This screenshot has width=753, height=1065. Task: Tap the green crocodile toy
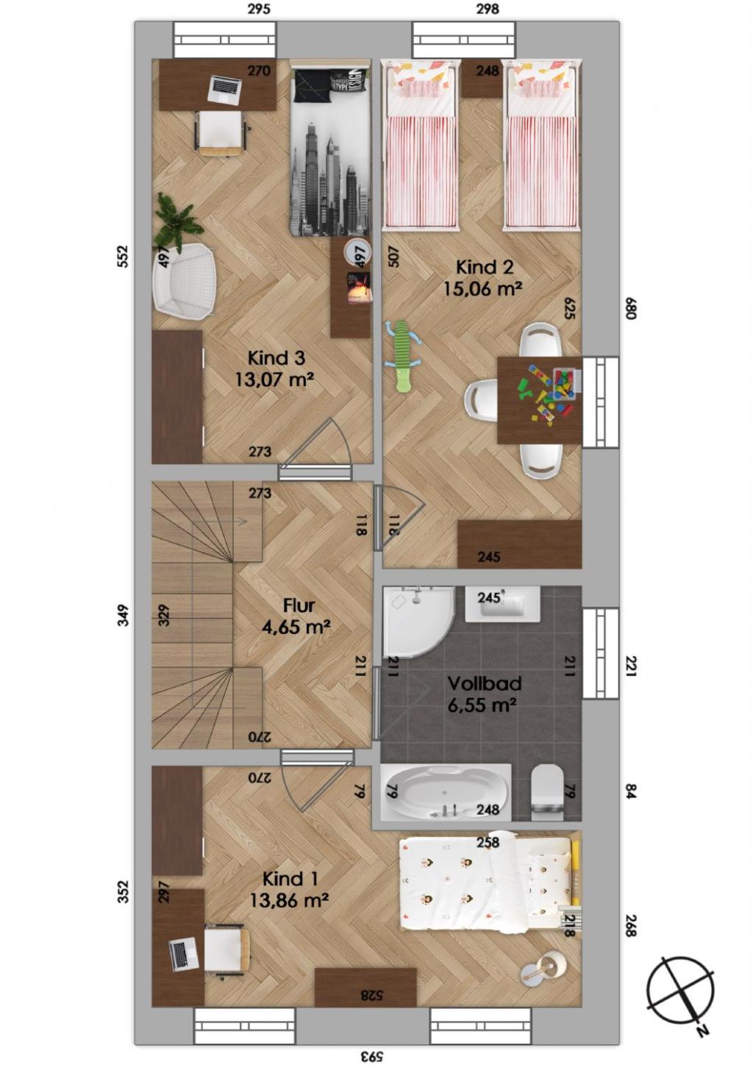403,356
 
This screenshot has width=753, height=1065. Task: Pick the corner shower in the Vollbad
419,622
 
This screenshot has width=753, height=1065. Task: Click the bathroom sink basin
502,604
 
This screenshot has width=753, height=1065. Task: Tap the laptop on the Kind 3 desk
225,89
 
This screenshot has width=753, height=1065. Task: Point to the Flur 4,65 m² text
296,616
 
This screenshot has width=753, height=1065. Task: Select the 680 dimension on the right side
630,308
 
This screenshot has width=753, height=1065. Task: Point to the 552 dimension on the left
123,256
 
